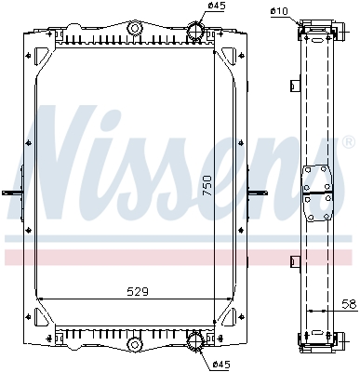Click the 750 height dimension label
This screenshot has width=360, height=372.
click(x=207, y=185)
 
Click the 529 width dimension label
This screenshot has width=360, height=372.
click(x=138, y=292)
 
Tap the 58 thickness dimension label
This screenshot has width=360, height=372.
click(x=349, y=304)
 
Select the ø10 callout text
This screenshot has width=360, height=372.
click(x=279, y=11)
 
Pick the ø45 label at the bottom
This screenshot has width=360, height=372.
click(x=221, y=365)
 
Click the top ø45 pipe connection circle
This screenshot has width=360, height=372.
click(x=196, y=30)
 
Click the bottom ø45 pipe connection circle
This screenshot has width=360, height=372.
click(x=196, y=341)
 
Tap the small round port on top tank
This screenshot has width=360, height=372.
click(x=135, y=29)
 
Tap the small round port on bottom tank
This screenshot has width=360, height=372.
click(x=135, y=343)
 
